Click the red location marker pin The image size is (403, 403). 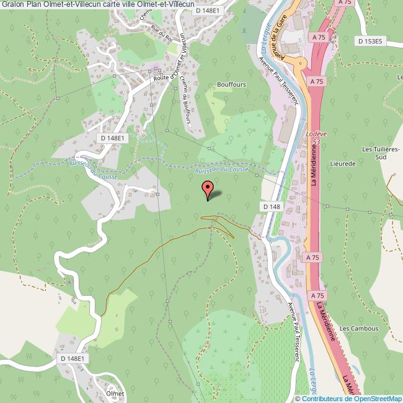coord(208,188)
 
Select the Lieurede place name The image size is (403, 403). coord(343,164)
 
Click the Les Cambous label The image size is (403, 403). coord(358,328)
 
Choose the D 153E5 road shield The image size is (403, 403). coord(371,41)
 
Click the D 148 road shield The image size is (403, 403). coord(272,206)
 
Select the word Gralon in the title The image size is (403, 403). coord(12,5)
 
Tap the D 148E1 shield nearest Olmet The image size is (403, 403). coord(73,358)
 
